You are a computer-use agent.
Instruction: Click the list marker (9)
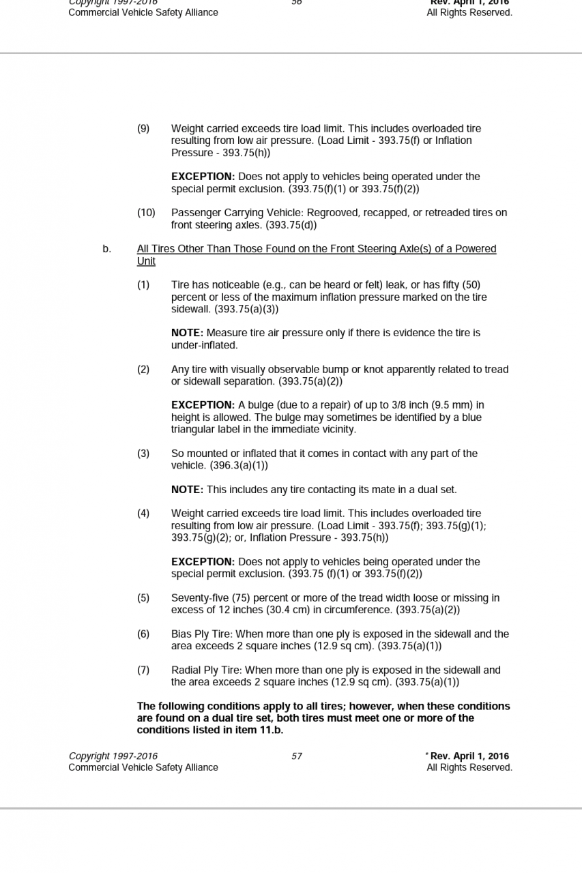tap(143, 128)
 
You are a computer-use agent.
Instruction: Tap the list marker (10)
tap(146, 213)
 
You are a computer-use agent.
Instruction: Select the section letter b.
tap(106, 249)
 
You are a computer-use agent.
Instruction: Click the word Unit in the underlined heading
tap(146, 261)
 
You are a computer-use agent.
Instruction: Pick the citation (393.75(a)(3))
tap(246, 309)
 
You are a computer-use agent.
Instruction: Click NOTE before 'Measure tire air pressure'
tap(187, 333)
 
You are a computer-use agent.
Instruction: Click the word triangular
tap(193, 430)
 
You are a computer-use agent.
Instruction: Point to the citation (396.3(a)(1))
tap(239, 466)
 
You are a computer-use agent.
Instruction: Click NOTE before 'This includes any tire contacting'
tap(187, 490)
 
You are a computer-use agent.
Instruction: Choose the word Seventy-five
tap(199, 598)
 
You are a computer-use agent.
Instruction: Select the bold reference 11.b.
tap(271, 730)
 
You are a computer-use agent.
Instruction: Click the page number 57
tap(297, 756)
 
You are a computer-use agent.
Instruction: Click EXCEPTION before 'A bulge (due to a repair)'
tap(203, 405)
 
